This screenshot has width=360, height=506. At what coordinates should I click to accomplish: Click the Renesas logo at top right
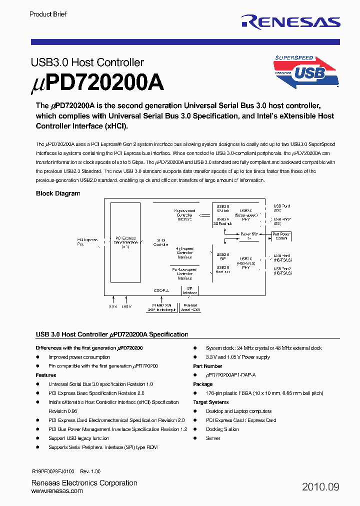point(290,21)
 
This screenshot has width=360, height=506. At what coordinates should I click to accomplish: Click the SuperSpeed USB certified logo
point(306,71)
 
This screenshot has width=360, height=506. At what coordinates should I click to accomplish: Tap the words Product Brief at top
point(48,14)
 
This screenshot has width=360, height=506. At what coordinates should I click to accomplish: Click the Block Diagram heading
point(58,193)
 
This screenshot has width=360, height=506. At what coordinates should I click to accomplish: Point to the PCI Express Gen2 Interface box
point(125,242)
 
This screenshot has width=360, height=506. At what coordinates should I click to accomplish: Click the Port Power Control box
point(281,236)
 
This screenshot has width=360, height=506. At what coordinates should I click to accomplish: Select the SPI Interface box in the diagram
point(189,291)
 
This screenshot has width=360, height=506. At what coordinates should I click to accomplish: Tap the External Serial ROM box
point(190,307)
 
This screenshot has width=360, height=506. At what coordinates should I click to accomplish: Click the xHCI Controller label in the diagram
point(160,242)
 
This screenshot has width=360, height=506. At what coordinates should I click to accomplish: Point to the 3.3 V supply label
point(112,307)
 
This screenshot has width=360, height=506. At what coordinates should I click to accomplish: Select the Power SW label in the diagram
point(248,234)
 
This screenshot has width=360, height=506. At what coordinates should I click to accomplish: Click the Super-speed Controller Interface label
point(184,215)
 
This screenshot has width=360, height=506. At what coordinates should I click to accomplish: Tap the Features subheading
point(46,375)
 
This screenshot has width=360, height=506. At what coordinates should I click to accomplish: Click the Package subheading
point(203,384)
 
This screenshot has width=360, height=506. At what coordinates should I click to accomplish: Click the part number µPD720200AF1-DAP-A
point(230,375)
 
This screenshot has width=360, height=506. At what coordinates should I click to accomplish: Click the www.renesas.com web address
point(57,491)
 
